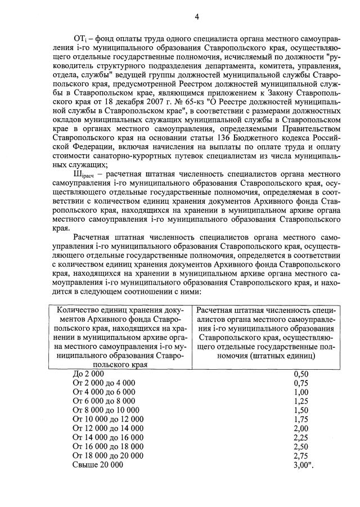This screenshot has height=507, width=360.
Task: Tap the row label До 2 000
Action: tap(89, 373)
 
